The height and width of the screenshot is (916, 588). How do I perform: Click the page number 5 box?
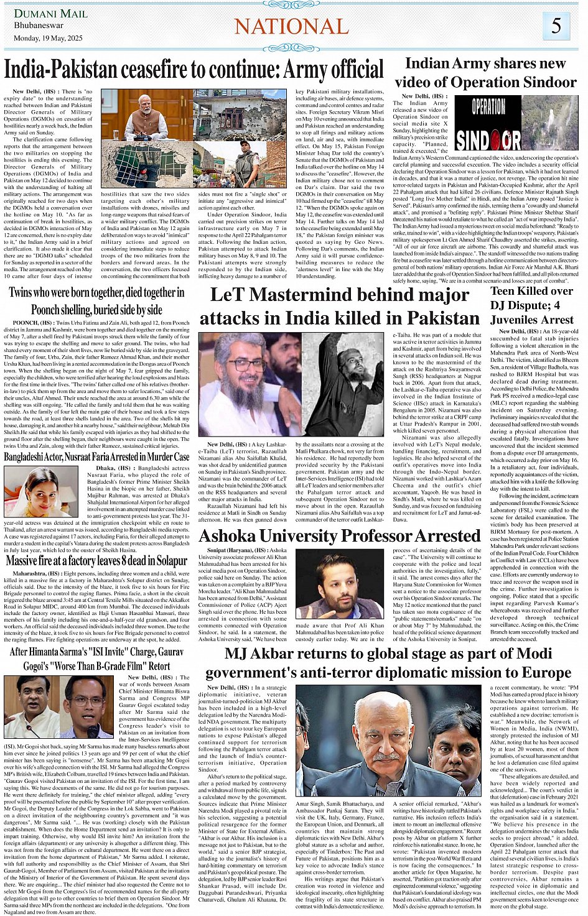(x=556, y=26)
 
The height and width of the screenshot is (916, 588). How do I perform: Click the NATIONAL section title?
(x=291, y=27)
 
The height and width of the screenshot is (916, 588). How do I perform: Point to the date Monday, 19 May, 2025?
(x=48, y=39)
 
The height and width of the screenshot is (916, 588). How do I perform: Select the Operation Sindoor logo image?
(x=488, y=123)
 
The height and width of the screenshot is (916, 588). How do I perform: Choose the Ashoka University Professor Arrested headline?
(x=340, y=536)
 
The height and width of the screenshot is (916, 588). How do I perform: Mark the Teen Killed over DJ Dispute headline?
(x=531, y=305)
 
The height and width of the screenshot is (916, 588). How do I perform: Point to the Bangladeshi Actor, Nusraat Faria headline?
(x=96, y=456)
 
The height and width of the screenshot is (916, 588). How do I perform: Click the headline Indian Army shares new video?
(x=485, y=72)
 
